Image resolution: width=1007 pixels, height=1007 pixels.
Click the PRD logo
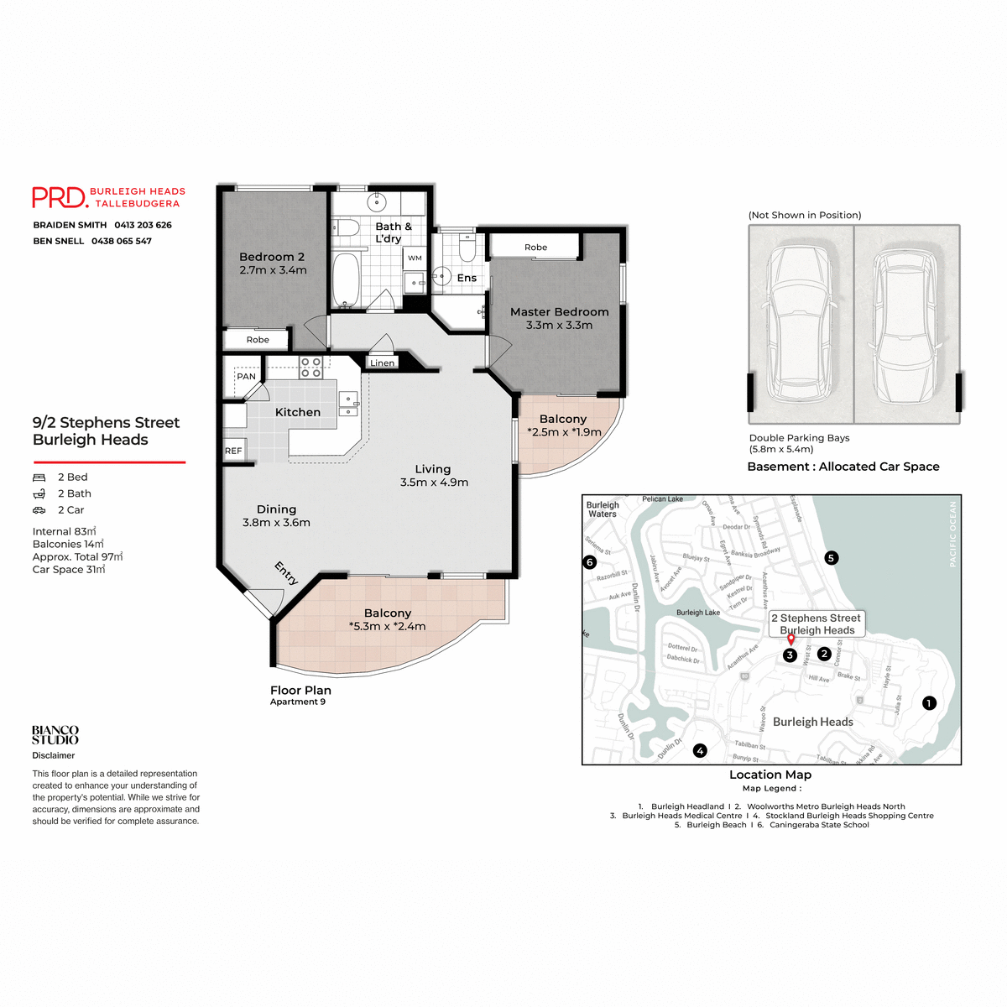(60, 197)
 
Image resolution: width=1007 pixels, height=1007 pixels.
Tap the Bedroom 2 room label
(272, 257)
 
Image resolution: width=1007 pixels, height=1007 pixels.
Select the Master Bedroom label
(559, 311)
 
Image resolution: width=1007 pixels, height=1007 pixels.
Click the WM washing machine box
(415, 258)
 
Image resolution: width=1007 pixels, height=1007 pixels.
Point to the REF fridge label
(233, 451)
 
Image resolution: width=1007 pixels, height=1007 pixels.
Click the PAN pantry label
(246, 376)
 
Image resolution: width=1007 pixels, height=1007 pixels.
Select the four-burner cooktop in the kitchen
(311, 368)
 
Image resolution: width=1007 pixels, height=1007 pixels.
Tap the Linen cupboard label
(382, 363)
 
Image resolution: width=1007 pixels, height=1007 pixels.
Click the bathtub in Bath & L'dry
(346, 279)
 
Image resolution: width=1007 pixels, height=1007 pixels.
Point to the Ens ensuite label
(467, 278)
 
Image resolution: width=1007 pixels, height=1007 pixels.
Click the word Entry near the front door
(286, 573)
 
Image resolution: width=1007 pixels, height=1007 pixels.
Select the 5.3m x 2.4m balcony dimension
(387, 626)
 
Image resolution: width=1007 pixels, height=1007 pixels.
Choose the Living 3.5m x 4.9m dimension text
(434, 483)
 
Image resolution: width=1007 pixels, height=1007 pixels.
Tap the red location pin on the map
(790, 640)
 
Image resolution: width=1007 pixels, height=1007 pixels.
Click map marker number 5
(831, 558)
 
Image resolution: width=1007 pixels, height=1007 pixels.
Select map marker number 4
(700, 751)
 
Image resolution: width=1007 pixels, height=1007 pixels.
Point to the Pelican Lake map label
(662, 499)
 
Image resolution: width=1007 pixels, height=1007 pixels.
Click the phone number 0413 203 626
(143, 225)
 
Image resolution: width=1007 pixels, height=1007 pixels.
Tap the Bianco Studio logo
(55, 736)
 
